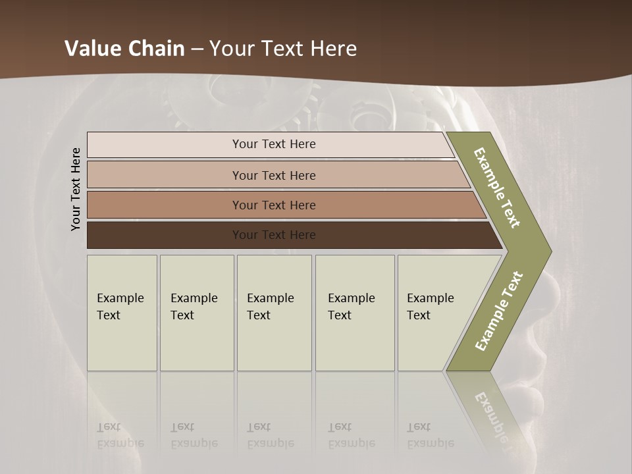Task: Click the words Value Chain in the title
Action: pos(124,49)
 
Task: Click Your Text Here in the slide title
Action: pos(283,49)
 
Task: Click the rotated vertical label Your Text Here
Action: pos(76,189)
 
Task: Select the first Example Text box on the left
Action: pos(122,313)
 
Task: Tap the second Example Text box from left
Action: pos(196,313)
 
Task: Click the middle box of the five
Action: pos(274,313)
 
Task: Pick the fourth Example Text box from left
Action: pos(354,313)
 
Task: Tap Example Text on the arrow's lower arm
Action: pos(499,311)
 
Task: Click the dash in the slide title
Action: pos(197,49)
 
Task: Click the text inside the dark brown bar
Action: pos(274,235)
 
